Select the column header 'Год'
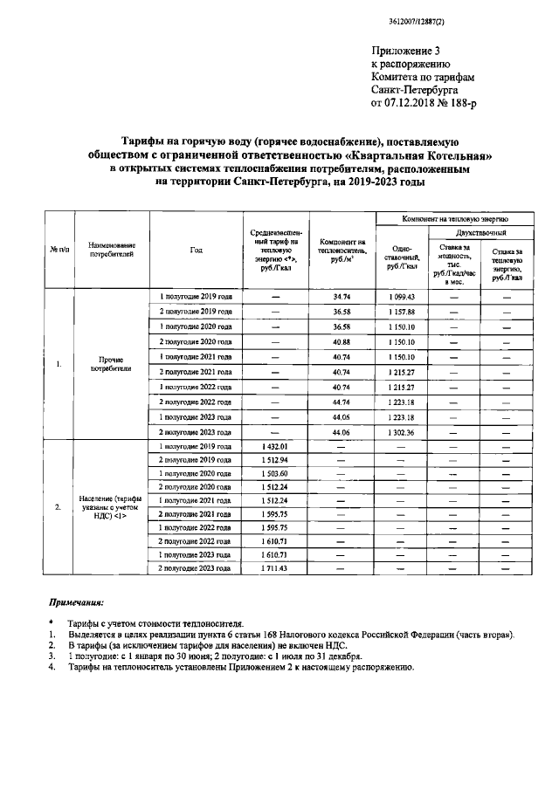click(x=196, y=250)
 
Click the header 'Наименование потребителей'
click(x=112, y=251)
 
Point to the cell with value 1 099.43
click(x=402, y=297)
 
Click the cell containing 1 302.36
click(x=402, y=431)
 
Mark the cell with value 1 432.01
click(x=275, y=447)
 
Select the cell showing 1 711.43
click(x=275, y=568)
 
